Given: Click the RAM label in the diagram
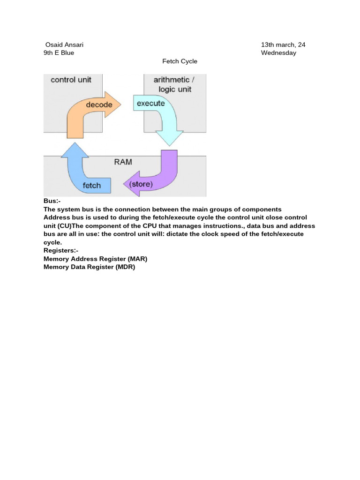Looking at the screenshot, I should tap(123, 162).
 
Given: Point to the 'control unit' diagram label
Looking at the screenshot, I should tap(71, 80).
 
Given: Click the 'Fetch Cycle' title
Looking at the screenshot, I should tap(180, 61).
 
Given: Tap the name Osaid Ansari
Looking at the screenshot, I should tap(64, 45).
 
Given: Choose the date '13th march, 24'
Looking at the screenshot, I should tap(283, 45).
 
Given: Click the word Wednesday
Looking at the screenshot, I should tap(278, 53).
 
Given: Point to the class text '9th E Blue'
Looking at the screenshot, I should tap(59, 53).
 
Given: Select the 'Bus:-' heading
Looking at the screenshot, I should tap(52, 201).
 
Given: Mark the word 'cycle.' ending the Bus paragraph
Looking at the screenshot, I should tap(52, 242).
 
